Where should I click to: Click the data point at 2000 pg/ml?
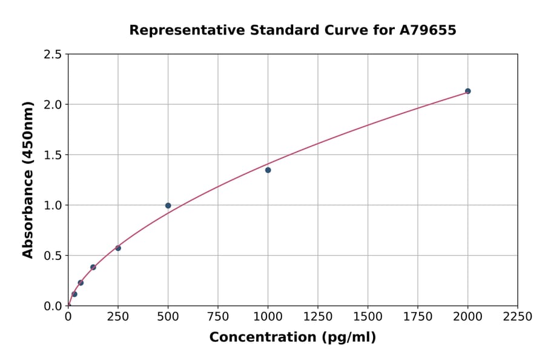click(467, 91)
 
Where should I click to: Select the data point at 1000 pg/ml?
click(268, 170)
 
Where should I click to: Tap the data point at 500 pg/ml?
click(168, 205)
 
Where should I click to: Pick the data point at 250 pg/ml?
click(118, 248)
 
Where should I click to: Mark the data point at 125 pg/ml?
click(93, 267)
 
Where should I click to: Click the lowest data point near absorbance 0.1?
click(74, 294)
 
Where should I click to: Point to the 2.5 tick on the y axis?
click(53, 55)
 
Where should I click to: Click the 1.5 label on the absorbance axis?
click(53, 155)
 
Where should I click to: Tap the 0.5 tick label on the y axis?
click(53, 256)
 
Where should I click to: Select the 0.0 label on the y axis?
click(53, 306)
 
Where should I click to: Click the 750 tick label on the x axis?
click(218, 317)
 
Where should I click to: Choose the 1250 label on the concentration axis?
click(318, 317)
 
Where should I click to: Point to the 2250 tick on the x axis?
click(518, 317)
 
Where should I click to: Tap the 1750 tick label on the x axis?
click(418, 317)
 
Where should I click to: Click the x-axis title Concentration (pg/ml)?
click(292, 338)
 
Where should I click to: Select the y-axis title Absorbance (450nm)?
click(28, 180)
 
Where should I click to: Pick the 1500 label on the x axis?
click(368, 317)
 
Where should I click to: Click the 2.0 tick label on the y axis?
click(53, 105)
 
